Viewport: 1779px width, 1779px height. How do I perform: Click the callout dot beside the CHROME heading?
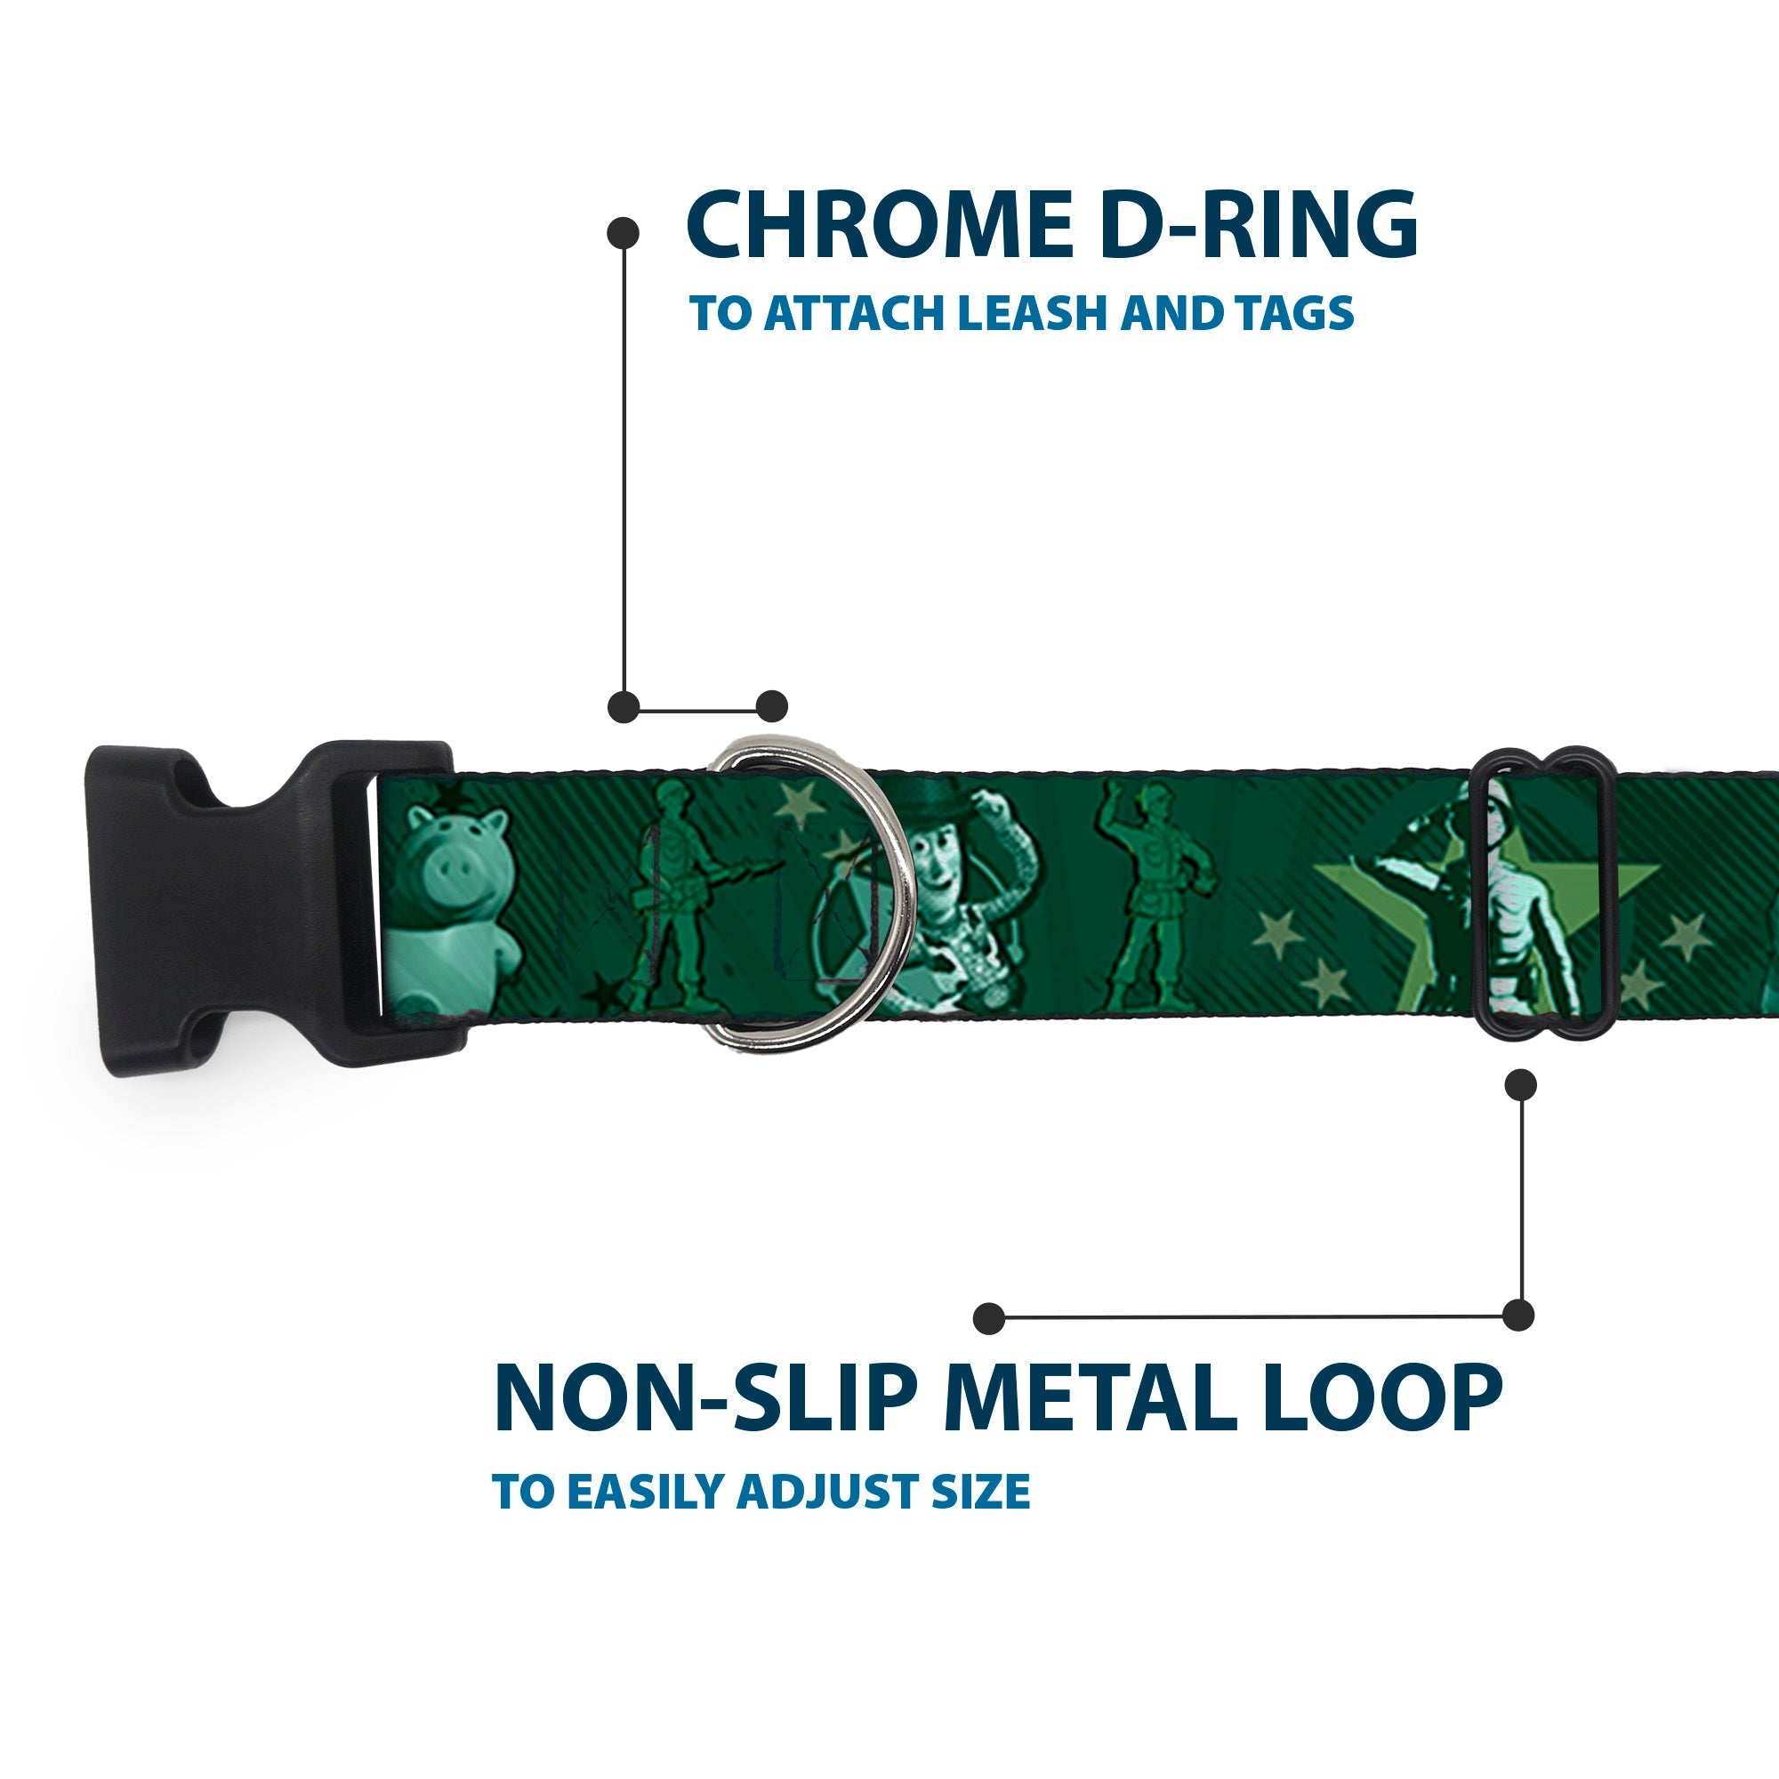click(x=624, y=232)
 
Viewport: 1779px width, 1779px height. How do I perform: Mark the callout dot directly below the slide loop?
click(x=1520, y=1083)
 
